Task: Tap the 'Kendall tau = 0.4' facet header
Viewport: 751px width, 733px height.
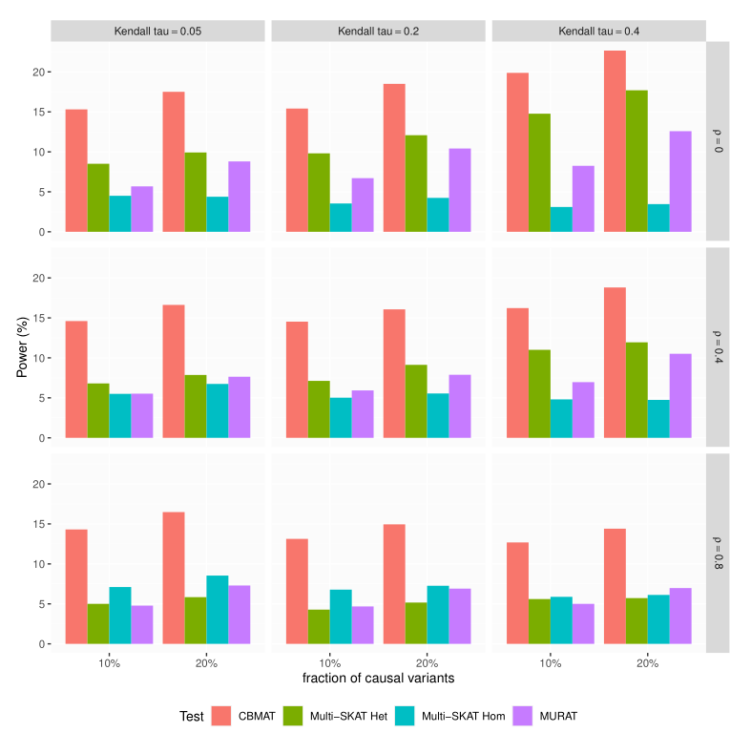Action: (598, 31)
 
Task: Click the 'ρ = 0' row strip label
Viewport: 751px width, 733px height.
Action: (718, 141)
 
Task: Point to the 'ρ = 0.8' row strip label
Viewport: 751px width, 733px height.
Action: (718, 553)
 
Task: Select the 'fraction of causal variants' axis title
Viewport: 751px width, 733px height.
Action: (378, 679)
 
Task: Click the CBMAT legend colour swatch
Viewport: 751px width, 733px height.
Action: (222, 715)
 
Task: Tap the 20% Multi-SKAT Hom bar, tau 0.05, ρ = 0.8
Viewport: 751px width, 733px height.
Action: (218, 610)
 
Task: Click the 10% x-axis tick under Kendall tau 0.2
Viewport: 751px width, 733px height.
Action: (329, 661)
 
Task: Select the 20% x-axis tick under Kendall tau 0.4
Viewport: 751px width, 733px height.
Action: (646, 661)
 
